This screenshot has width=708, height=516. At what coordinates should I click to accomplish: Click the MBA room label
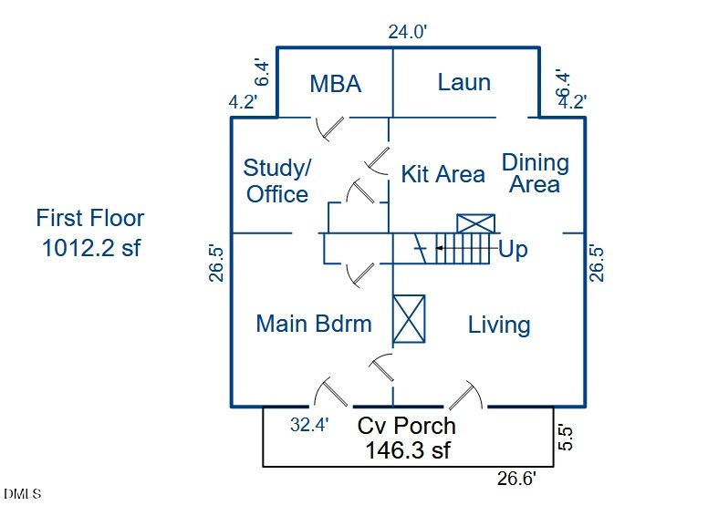(336, 84)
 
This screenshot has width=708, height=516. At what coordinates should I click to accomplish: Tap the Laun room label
(463, 82)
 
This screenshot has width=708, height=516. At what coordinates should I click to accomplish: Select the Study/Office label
(277, 181)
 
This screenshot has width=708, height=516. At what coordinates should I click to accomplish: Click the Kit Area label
(442, 174)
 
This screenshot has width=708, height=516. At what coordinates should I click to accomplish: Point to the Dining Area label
(535, 173)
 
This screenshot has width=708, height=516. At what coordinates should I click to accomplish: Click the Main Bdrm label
(314, 324)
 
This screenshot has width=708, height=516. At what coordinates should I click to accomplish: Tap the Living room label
(499, 325)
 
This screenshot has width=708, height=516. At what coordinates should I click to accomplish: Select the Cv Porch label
(406, 426)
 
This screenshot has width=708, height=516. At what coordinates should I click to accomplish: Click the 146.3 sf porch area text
(408, 449)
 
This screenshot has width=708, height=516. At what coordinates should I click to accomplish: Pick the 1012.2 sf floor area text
(91, 247)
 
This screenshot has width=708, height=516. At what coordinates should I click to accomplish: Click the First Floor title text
(90, 219)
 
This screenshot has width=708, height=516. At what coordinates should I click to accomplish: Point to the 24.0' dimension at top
(408, 32)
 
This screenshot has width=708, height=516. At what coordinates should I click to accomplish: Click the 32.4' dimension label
(309, 424)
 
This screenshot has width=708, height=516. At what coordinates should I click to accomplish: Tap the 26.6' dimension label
(516, 478)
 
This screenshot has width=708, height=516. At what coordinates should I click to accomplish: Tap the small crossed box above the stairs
(475, 224)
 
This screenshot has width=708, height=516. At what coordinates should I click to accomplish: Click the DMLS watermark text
(23, 494)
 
